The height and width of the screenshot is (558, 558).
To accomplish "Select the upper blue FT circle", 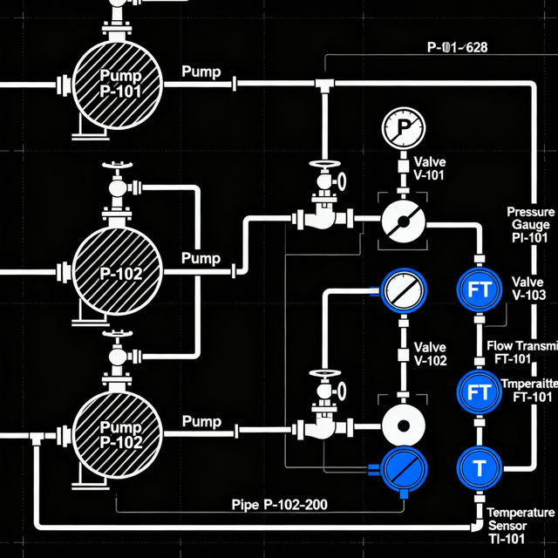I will [x=480, y=291].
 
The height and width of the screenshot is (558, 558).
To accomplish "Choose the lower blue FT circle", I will [x=480, y=392].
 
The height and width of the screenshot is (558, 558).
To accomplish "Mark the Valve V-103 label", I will [x=529, y=289].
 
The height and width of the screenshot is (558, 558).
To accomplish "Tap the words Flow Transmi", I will [x=521, y=346].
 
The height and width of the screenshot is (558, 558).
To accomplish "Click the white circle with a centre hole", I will [x=403, y=427].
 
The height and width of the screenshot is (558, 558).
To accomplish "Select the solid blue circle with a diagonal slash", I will [x=403, y=467].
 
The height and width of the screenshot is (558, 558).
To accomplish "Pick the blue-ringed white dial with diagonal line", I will [x=402, y=289].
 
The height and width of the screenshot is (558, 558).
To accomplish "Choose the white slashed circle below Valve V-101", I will [x=402, y=225].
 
